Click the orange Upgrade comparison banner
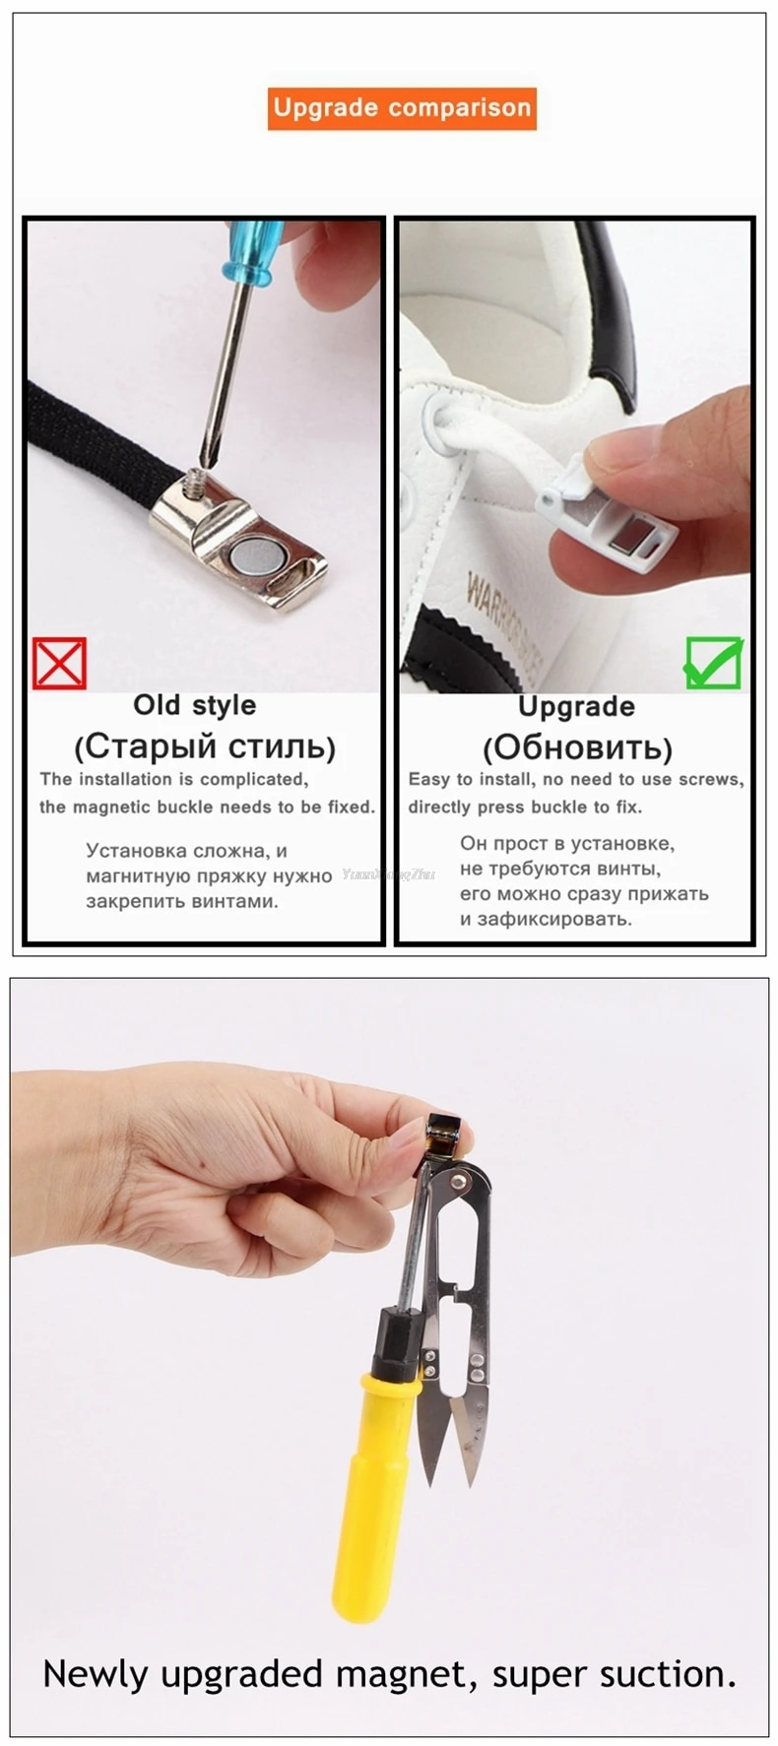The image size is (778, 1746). click(402, 108)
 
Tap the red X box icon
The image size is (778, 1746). click(60, 663)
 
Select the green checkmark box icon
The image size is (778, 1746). click(714, 663)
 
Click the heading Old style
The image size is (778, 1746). click(195, 705)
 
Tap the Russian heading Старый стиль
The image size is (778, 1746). click(205, 746)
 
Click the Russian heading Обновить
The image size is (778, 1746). click(577, 747)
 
